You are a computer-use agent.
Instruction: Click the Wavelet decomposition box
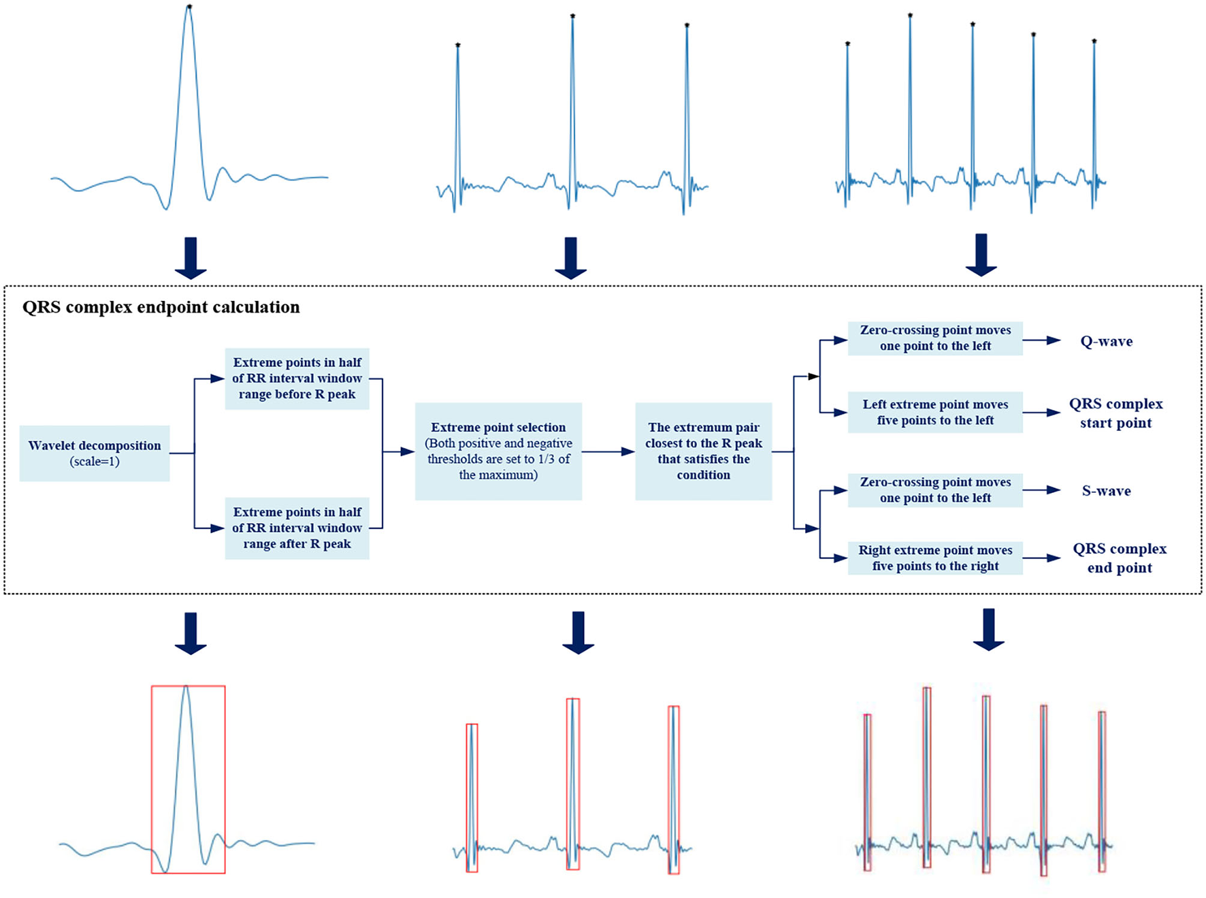[95, 453]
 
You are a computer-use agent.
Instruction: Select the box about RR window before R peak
[297, 379]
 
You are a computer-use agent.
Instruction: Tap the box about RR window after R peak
[297, 528]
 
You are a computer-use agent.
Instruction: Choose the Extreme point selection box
[498, 451]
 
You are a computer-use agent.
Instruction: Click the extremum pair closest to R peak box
[703, 451]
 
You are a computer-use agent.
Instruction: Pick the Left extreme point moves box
[934, 413]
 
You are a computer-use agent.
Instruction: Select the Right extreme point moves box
[934, 558]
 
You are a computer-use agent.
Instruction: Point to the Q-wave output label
[1106, 342]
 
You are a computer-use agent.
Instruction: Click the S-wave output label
[1106, 491]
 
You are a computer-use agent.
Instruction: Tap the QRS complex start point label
[1115, 413]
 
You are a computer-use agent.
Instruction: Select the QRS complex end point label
[1120, 558]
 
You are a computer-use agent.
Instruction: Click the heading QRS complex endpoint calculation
[161, 308]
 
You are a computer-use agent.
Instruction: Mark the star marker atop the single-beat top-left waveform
[189, 7]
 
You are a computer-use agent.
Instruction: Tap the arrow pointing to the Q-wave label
[1041, 340]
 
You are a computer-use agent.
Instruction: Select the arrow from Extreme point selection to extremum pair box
[608, 451]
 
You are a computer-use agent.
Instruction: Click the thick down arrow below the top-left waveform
[191, 258]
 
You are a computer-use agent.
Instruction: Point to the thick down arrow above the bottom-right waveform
[989, 629]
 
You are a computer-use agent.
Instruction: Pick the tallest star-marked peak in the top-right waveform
[910, 15]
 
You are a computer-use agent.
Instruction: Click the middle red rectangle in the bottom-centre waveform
[573, 784]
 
